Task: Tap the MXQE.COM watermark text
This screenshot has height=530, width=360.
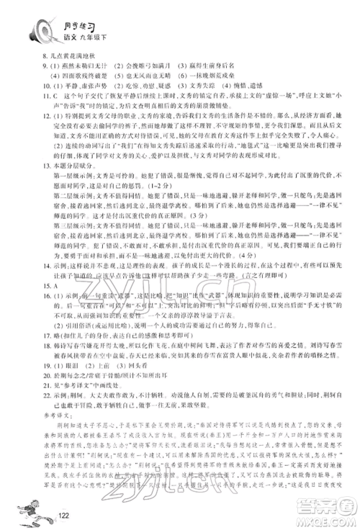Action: click(330, 523)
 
